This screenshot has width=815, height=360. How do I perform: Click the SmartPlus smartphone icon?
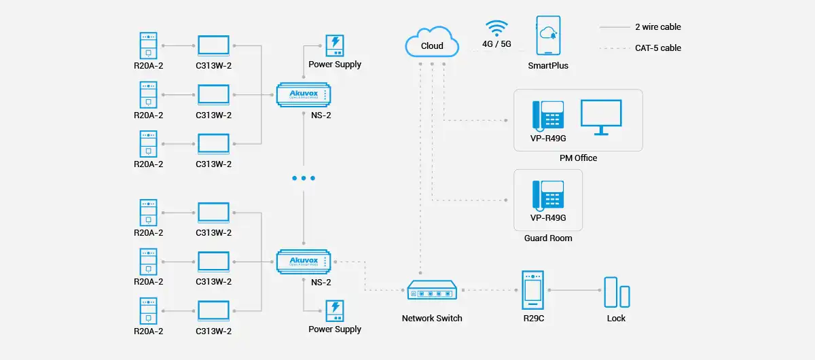coord(548,35)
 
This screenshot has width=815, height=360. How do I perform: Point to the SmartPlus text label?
coord(548,66)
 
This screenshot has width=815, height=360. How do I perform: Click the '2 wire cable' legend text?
coord(658,27)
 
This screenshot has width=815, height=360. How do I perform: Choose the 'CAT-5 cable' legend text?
coord(658,48)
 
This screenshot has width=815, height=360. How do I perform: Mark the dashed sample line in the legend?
coord(614,48)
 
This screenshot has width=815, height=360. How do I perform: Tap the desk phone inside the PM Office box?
coord(548,115)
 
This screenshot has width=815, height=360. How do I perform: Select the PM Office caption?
coord(578,158)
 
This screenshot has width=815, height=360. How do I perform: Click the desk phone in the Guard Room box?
coord(548,195)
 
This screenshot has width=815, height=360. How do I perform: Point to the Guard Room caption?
coord(548,238)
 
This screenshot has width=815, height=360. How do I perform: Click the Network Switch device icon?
coord(432,291)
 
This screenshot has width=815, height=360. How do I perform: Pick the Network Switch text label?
coord(432,318)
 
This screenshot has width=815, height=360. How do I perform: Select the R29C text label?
coord(534,318)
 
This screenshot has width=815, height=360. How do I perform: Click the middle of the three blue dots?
coord(303,178)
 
